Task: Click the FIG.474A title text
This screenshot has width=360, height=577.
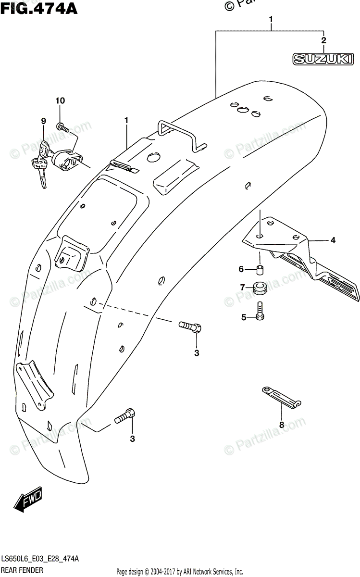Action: [x=39, y=8]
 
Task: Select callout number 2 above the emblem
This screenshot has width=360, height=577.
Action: [x=323, y=40]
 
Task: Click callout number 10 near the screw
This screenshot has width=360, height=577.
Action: [x=60, y=100]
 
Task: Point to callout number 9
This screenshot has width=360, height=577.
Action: [x=43, y=121]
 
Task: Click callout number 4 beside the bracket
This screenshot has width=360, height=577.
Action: [x=332, y=240]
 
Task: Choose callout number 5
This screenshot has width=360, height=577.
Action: [x=243, y=317]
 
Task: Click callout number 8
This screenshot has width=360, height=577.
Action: [x=282, y=425]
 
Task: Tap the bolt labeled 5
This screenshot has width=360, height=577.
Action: [x=260, y=311]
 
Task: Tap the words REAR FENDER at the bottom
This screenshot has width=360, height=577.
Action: [x=22, y=570]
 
